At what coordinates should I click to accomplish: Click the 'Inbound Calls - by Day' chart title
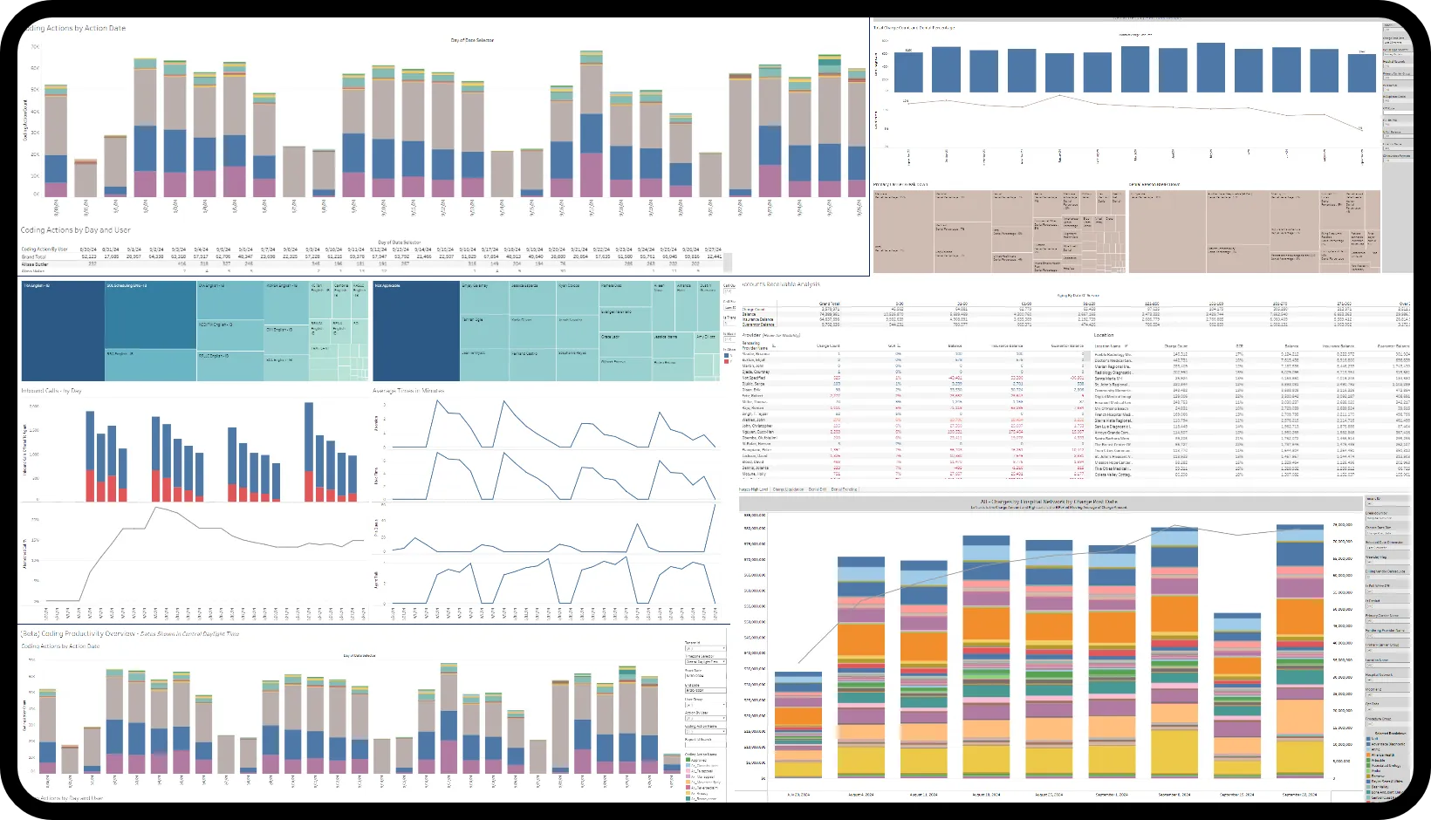(51, 391)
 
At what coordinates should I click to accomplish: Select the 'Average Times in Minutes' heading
(407, 390)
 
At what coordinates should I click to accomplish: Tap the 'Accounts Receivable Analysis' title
(780, 284)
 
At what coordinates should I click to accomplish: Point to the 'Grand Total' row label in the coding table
(34, 256)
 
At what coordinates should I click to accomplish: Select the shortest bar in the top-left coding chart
(86, 178)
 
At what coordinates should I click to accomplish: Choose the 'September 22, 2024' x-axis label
(1299, 795)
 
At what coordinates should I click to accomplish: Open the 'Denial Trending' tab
(843, 489)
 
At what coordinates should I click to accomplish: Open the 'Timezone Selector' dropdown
(702, 661)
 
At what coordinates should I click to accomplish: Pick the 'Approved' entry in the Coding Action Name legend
(699, 760)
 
